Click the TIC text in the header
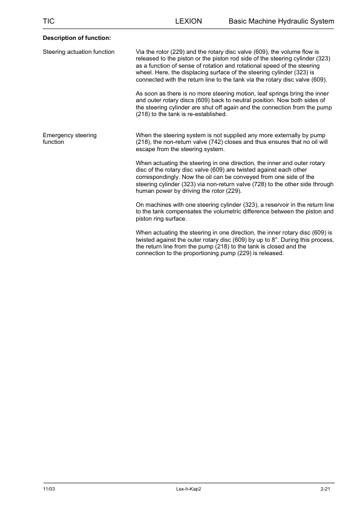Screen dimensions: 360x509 pyautogui.click(x=48, y=21)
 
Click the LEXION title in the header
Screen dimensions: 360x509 pyautogui.click(x=188, y=21)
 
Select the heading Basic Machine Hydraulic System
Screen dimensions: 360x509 pyautogui.click(x=281, y=21)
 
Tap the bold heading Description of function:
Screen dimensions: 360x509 pyautogui.click(x=76, y=39)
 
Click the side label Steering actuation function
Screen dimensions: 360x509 pyautogui.click(x=79, y=52)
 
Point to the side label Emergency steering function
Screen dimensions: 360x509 pyautogui.click(x=70, y=138)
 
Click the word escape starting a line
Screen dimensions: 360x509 pyautogui.click(x=145, y=149)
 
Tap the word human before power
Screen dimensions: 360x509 pyautogui.click(x=146, y=190)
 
